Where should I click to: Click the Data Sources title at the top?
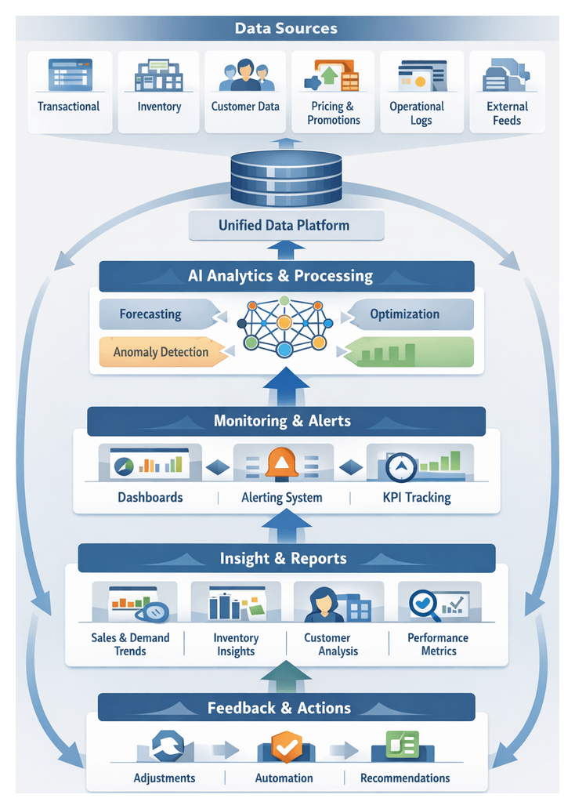tap(286, 29)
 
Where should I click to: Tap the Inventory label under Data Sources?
tap(159, 107)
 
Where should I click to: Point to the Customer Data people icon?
tap(244, 76)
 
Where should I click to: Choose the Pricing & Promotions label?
tap(334, 113)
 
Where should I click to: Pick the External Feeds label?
tap(507, 113)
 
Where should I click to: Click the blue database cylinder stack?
tap(286, 177)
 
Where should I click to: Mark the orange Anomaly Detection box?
tap(161, 352)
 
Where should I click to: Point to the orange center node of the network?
tap(284, 322)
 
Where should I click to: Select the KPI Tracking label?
tap(417, 497)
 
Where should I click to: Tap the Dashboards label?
tap(150, 497)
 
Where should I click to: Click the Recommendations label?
tap(405, 778)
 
